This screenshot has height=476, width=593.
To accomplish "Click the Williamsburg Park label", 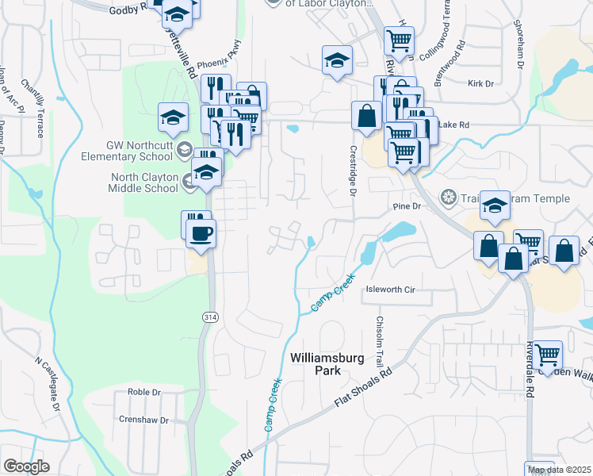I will coord(326,364).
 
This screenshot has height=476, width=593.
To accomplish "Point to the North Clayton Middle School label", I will coord(143,183).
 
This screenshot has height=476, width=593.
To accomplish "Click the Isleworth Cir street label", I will coord(390,290).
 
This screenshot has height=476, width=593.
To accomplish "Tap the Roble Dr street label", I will coord(144,392).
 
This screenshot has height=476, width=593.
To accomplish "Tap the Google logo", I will coord(26,466).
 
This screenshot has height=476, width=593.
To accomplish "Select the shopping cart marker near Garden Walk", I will coord(547,355).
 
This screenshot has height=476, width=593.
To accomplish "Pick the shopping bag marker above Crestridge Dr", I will coord(367,115).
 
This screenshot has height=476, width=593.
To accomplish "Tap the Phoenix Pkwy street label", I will coord(217,64).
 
